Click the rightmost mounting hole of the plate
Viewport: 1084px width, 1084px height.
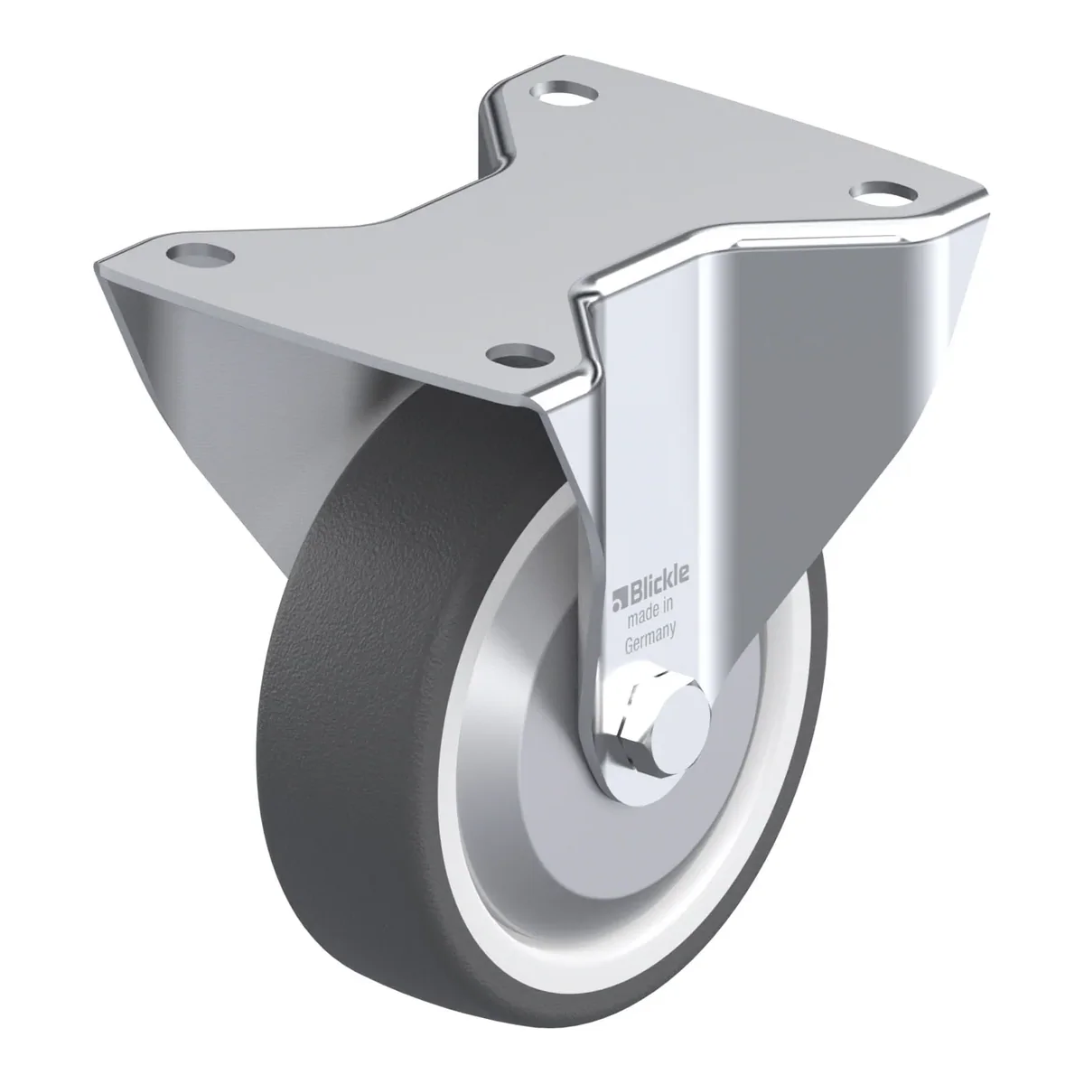pyautogui.click(x=883, y=192)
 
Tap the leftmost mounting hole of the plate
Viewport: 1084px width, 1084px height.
pyautogui.click(x=201, y=255)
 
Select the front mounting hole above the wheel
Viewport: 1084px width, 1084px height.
pyautogui.click(x=519, y=354)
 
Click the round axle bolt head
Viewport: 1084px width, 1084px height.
pyautogui.click(x=681, y=724)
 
